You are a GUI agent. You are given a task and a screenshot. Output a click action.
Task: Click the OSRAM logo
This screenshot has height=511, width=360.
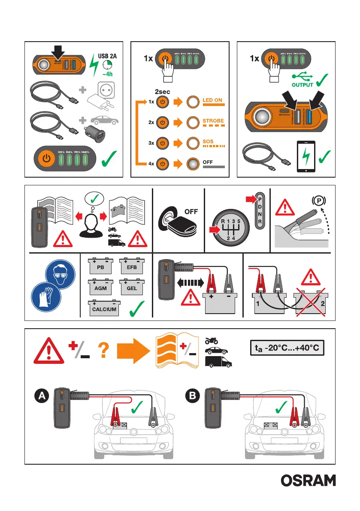point(309,481)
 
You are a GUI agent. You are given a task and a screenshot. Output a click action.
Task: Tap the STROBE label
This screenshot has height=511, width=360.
point(213,121)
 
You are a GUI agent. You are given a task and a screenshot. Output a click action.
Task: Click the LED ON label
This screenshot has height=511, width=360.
point(212,100)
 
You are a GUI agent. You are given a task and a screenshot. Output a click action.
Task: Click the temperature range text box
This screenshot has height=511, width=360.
point(286,348)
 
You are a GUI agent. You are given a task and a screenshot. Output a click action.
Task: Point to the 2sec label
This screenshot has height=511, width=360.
point(163,91)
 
